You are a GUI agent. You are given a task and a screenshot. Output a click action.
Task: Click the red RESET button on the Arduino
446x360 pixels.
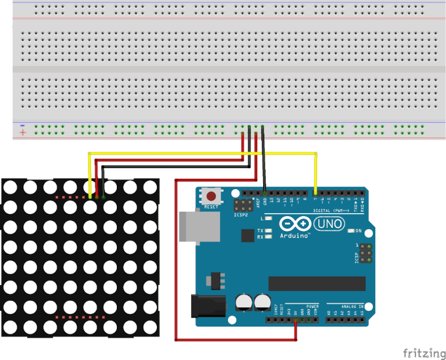tap(211, 196)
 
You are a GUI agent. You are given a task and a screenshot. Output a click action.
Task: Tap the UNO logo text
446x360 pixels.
tap(330, 224)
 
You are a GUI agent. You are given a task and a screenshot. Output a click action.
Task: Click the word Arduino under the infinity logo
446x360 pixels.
tap(295, 236)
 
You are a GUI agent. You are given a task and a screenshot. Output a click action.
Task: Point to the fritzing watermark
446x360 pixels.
tap(423, 351)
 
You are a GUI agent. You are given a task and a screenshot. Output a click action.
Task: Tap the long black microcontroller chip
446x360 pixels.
tap(317, 283)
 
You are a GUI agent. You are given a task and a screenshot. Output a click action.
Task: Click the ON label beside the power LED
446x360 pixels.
tap(358, 231)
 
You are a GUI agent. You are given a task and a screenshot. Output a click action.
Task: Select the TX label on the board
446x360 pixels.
tap(260, 230)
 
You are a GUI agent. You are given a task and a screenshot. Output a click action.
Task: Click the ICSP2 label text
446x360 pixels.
tap(241, 214)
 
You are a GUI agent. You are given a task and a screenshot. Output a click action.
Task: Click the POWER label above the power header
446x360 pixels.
tap(312, 306)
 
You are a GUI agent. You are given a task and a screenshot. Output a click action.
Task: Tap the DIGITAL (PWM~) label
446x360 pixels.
tap(332, 211)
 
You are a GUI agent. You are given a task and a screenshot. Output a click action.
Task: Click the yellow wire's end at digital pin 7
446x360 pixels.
tap(315, 193)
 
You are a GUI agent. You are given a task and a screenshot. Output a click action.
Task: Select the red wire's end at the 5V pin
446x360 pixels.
tap(296, 320)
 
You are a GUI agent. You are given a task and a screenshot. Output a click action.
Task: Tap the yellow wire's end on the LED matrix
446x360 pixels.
tap(90, 196)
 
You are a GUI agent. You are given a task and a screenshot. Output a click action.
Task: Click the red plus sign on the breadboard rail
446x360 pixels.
tap(22, 132)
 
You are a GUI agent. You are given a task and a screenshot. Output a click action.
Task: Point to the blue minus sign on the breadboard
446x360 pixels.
tap(22, 125)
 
